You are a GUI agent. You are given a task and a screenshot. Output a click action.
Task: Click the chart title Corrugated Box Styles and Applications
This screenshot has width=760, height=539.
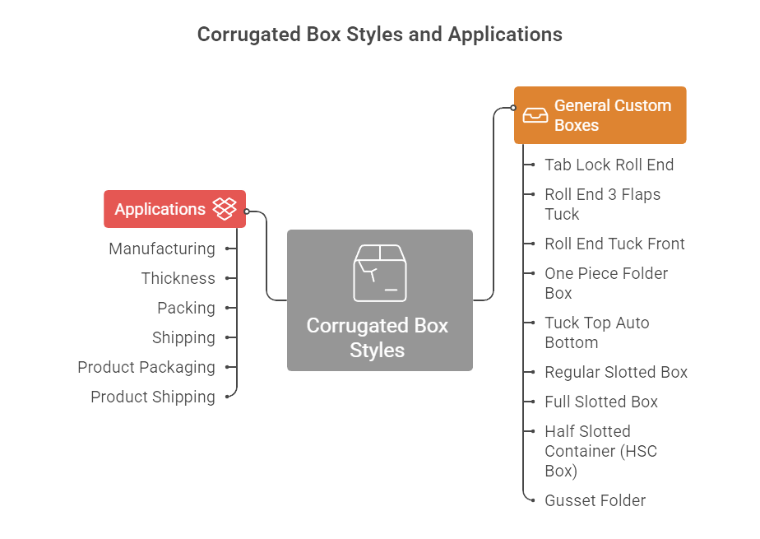coord(379,35)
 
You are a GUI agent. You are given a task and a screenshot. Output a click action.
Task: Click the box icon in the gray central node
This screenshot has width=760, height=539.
coord(379,272)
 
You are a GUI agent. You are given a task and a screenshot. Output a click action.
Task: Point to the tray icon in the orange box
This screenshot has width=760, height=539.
coord(535,115)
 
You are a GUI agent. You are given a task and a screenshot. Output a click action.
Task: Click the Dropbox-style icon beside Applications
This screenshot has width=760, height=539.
coord(225,208)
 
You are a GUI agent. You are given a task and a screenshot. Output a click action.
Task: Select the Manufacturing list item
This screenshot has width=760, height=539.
coord(162,249)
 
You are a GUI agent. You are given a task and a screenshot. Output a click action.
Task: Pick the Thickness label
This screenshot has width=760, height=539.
coord(178,278)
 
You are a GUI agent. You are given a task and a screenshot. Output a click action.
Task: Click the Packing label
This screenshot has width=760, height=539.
coord(186,308)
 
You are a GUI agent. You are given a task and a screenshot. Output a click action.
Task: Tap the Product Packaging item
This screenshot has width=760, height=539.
coord(146,367)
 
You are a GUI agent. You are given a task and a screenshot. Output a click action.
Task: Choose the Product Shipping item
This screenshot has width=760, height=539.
coord(153,397)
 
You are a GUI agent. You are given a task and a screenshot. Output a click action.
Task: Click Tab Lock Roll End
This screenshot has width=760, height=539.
coord(609,165)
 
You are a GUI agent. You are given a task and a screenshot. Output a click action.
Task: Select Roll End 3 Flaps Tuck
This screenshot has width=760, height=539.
coord(602,204)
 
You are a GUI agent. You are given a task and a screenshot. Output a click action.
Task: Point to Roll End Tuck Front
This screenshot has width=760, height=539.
coord(614,244)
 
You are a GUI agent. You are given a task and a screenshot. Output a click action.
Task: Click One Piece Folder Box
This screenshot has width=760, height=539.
coord(605,283)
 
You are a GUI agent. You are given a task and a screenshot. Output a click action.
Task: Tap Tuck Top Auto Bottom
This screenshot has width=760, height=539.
coord(596,332)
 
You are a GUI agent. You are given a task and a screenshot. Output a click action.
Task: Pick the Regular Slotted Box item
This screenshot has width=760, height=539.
coord(615,372)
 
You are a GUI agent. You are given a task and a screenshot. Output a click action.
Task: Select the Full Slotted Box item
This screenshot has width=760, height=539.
coord(601,402)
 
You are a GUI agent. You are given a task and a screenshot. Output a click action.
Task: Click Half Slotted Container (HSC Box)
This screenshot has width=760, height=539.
coord(600,451)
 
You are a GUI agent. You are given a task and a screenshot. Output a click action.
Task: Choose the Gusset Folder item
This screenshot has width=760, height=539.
coord(595,500)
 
